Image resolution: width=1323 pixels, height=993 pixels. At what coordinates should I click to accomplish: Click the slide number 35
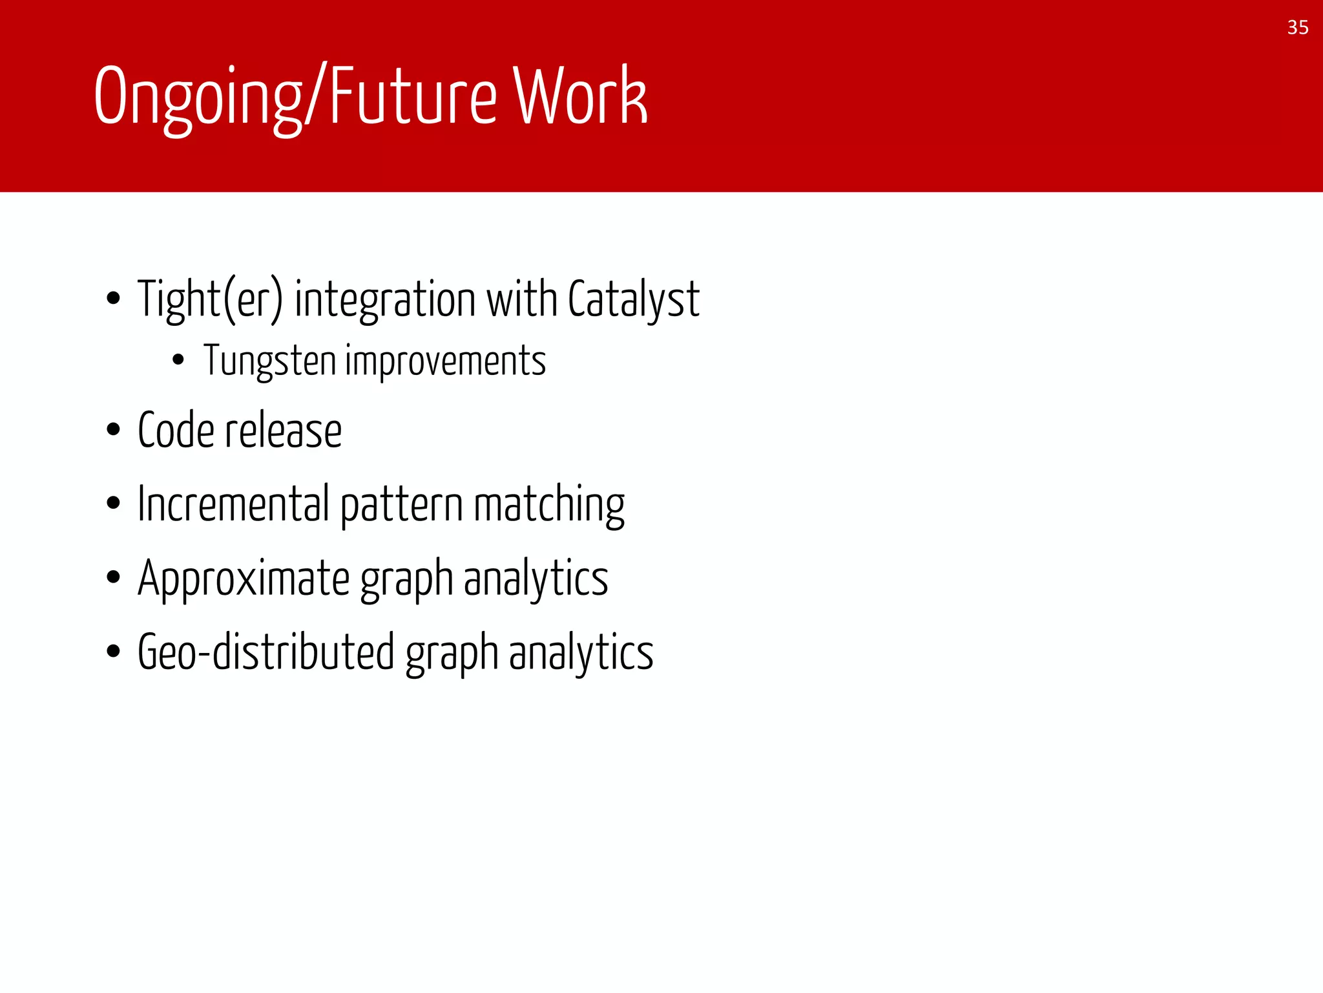click(1297, 28)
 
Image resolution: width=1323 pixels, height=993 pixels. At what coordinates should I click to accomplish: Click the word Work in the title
click(579, 97)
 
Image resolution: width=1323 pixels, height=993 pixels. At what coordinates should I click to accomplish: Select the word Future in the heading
click(413, 97)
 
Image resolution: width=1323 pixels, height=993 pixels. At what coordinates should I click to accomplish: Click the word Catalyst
click(633, 299)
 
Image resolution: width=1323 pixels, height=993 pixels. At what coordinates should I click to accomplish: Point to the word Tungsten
click(269, 361)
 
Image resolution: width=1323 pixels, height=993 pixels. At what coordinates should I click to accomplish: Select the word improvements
click(446, 361)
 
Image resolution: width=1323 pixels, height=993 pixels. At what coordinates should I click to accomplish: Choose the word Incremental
click(234, 504)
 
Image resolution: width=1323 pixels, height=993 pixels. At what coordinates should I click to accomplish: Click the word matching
click(549, 504)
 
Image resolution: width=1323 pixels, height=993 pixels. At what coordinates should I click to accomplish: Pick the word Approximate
click(244, 578)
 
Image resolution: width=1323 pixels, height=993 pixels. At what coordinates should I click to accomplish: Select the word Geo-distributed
click(266, 652)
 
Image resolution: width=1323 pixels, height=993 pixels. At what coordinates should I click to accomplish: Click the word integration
click(385, 299)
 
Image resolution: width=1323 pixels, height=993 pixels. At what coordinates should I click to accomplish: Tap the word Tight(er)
click(210, 299)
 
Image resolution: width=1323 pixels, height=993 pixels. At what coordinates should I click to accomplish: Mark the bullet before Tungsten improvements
click(179, 360)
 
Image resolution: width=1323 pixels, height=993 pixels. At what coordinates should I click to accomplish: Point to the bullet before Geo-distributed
click(114, 651)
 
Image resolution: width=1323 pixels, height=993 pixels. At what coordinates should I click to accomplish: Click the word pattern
click(401, 504)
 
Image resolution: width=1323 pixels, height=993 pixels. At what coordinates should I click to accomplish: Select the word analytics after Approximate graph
click(536, 578)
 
